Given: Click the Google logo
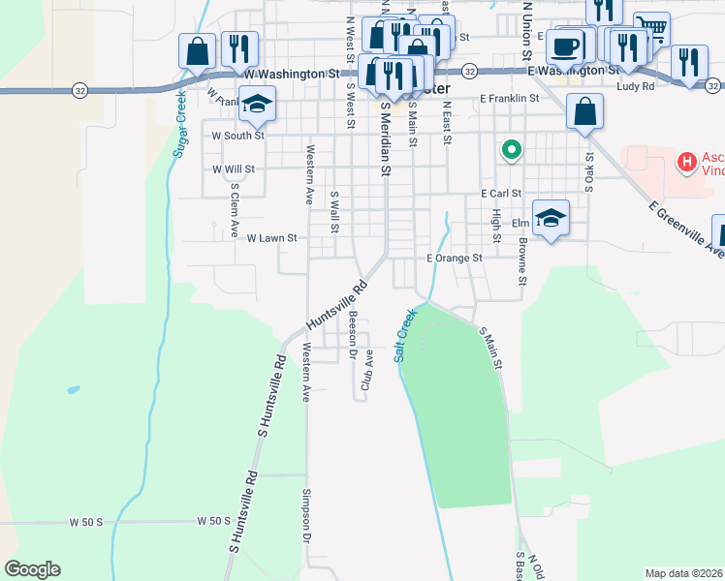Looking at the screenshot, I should click(x=33, y=569).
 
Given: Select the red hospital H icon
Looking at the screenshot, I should click(x=687, y=161).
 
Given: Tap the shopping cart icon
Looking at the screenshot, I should click(x=651, y=31).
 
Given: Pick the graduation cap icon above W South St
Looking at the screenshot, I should click(x=257, y=104).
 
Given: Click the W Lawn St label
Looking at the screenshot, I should click(x=271, y=237).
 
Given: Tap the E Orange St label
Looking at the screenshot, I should click(x=455, y=259).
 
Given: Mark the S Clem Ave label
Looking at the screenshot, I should click(x=234, y=210).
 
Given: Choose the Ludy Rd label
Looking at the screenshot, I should click(x=635, y=86).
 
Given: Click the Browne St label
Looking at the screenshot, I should click(x=521, y=262).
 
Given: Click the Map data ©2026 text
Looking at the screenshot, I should click(x=682, y=573).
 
